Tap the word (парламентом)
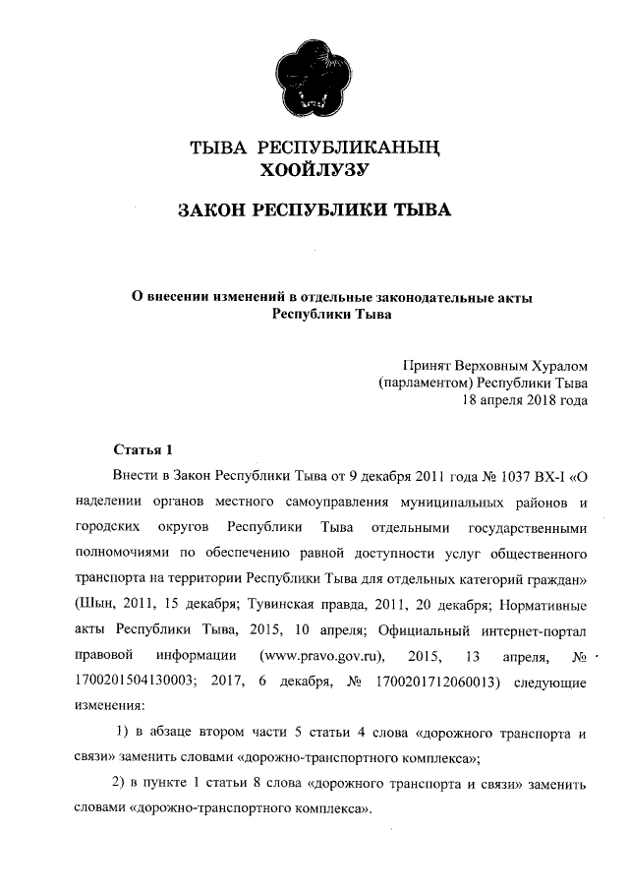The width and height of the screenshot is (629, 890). (x=428, y=383)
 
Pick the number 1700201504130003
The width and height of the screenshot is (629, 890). (x=138, y=681)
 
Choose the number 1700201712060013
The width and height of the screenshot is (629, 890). (x=438, y=681)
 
